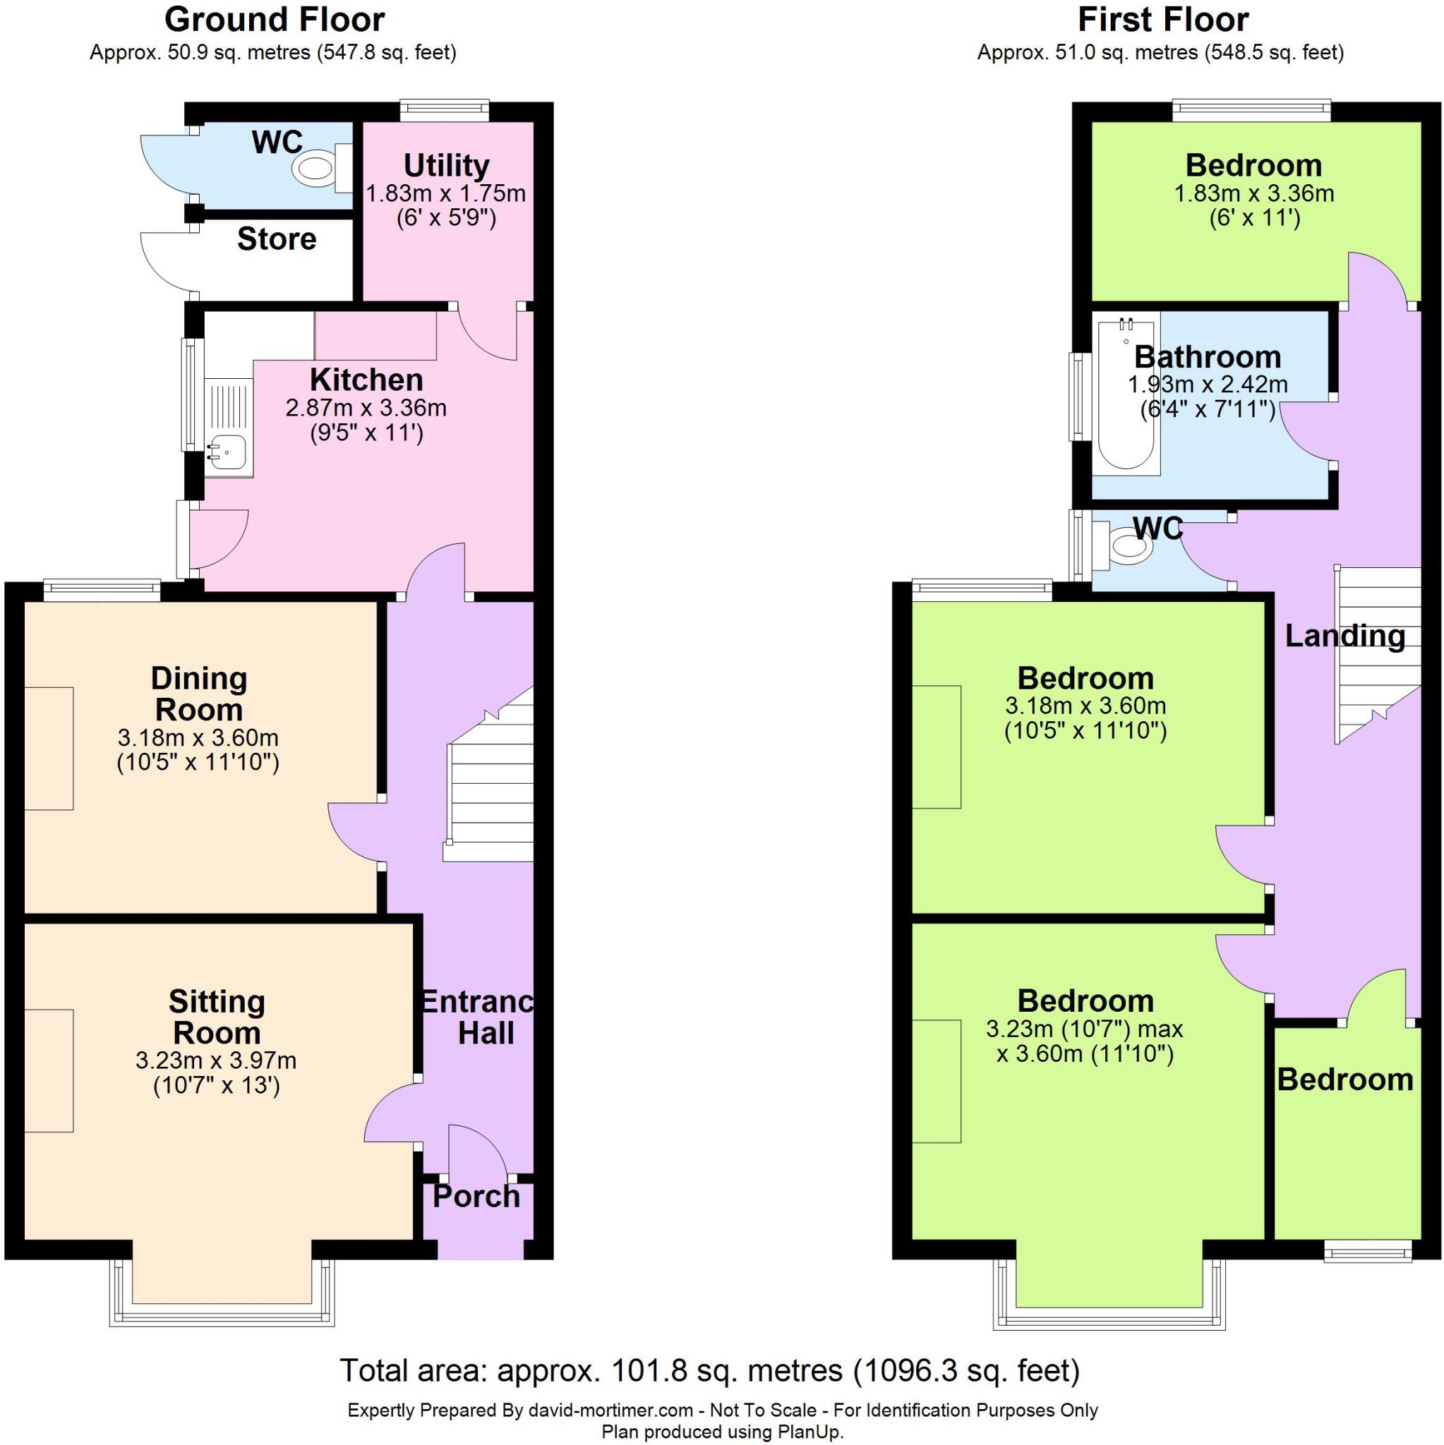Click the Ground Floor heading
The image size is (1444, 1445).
pos(275,20)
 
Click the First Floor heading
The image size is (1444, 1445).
pos(1162,20)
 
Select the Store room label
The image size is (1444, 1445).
pos(277,240)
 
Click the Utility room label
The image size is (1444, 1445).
pos(447,165)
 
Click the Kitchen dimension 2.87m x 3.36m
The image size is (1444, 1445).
pos(366,409)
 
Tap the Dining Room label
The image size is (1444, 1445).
pos(199,694)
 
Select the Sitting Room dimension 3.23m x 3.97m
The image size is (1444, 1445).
pos(216,1060)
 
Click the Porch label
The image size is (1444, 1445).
pos(476,1197)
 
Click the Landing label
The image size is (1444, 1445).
pos(1344,636)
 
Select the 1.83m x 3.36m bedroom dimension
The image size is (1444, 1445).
pos(1253,194)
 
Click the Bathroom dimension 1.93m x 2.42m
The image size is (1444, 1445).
pos(1208,385)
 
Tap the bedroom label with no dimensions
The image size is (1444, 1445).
pos(1344,1080)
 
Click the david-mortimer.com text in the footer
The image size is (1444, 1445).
pos(610,1410)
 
